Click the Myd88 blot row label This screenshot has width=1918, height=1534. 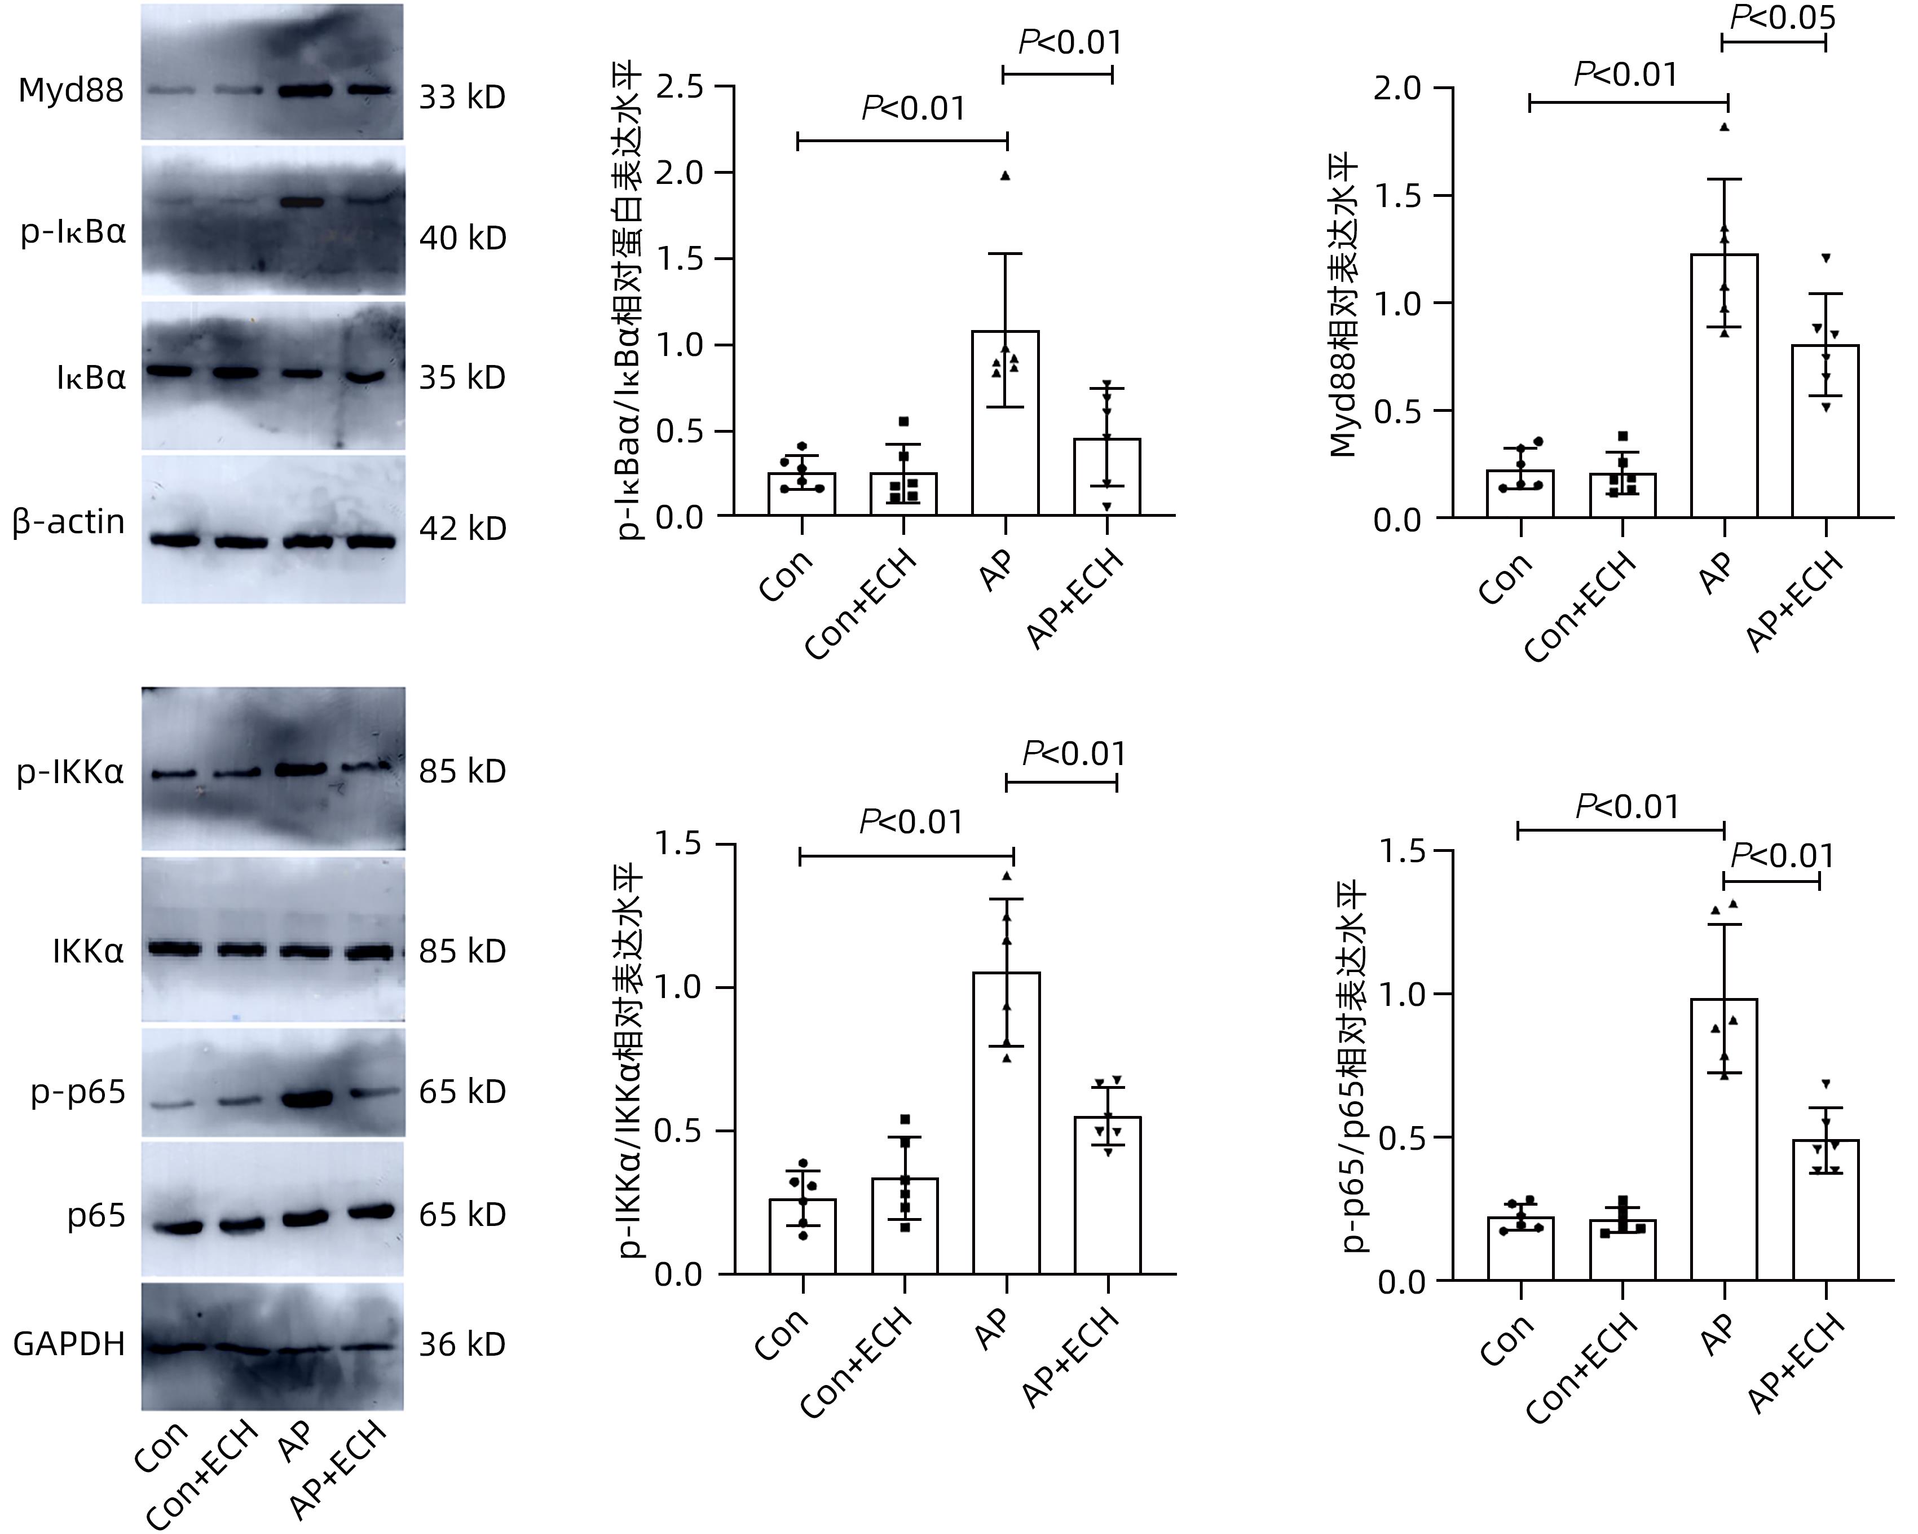[70, 91]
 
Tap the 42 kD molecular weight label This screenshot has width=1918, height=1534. [462, 529]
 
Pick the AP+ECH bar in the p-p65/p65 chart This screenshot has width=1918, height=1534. [1826, 1210]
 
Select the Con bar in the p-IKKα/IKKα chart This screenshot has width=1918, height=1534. [803, 1237]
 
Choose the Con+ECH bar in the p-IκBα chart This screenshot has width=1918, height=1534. [903, 494]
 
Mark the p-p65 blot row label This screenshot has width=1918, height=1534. [79, 1092]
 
